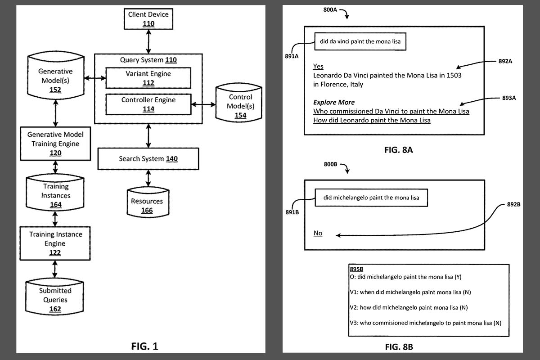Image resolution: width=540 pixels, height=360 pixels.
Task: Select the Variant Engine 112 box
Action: click(148, 78)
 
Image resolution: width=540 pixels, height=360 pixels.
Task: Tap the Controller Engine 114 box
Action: click(148, 104)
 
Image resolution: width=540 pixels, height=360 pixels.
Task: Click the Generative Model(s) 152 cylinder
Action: click(55, 80)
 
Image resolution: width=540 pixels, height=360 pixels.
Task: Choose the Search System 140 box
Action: click(148, 159)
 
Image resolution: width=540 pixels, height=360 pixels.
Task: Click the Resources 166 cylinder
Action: click(147, 205)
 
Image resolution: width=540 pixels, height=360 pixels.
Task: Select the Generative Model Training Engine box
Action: click(55, 144)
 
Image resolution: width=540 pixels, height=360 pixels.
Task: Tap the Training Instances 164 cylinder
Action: click(55, 195)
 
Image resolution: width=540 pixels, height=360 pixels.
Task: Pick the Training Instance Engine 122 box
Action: click(55, 243)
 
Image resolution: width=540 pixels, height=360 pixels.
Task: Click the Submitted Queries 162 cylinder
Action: click(55, 299)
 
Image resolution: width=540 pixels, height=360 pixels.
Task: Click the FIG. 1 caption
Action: click(144, 346)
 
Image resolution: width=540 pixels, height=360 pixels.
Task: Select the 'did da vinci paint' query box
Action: click(360, 42)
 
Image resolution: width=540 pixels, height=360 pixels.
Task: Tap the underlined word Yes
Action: click(318, 66)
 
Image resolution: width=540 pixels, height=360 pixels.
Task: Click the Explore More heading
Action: click(334, 102)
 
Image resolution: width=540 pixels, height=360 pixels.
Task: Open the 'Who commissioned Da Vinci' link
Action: click(391, 111)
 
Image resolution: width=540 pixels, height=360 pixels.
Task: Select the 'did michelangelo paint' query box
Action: click(371, 198)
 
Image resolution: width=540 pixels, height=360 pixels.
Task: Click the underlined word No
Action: click(318, 233)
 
